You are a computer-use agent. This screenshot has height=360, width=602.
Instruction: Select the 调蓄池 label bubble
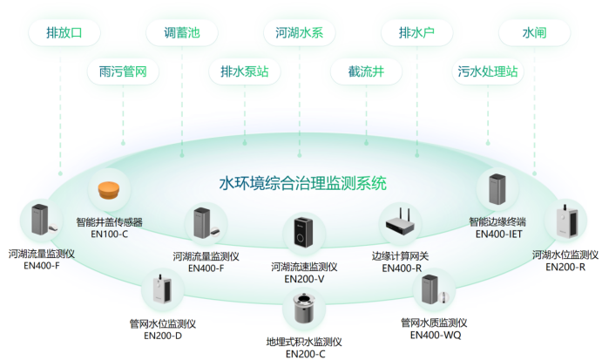182,33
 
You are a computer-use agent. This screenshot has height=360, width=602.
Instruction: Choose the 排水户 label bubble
416,33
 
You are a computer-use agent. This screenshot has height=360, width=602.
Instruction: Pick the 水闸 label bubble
534,33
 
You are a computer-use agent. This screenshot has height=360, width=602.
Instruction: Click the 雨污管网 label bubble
123,71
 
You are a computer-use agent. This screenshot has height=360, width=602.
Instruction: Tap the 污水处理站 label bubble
487,71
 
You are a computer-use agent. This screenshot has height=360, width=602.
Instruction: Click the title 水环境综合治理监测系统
302,184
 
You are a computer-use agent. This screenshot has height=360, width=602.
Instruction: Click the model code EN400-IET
498,234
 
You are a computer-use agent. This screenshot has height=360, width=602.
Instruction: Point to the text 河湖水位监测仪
565,255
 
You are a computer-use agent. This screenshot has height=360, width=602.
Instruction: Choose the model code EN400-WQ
433,335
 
